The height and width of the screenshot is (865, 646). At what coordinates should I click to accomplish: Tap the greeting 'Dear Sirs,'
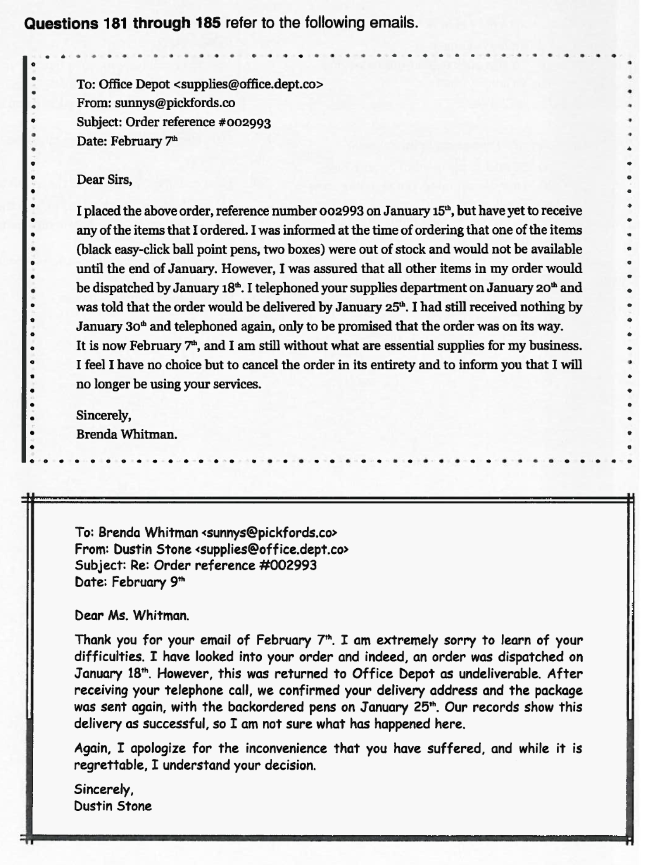click(104, 180)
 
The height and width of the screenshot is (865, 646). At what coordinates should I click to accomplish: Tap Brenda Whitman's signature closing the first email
click(127, 434)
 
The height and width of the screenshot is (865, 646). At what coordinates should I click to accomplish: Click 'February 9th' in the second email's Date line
click(148, 582)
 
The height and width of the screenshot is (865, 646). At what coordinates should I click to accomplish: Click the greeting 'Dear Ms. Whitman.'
click(132, 616)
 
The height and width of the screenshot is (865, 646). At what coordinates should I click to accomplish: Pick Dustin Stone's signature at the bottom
click(113, 806)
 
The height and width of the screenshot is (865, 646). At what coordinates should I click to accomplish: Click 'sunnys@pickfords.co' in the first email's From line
click(175, 103)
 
